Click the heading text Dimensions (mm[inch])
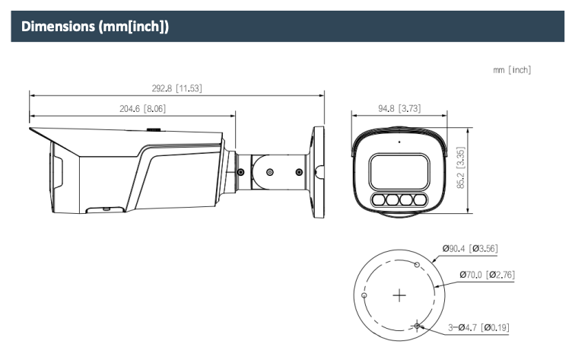tap(95, 27)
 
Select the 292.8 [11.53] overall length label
tap(177, 88)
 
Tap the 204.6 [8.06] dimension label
tap(143, 108)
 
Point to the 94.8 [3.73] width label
tap(399, 108)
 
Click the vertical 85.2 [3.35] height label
tap(461, 167)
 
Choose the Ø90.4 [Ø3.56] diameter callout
tap(470, 249)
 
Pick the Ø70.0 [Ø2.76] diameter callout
tap(487, 275)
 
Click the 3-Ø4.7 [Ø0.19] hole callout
tap(478, 327)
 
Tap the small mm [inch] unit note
tap(512, 70)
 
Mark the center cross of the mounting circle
tap(399, 295)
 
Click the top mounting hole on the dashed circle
tap(417, 265)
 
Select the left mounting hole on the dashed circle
tap(364, 295)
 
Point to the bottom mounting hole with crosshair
tap(417, 325)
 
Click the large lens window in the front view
tap(399, 171)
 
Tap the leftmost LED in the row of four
tap(380, 199)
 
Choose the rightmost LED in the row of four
tap(420, 199)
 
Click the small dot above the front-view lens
tap(399, 142)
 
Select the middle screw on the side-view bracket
tap(270, 172)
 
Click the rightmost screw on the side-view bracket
tap(299, 172)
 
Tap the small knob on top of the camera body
tap(154, 129)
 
